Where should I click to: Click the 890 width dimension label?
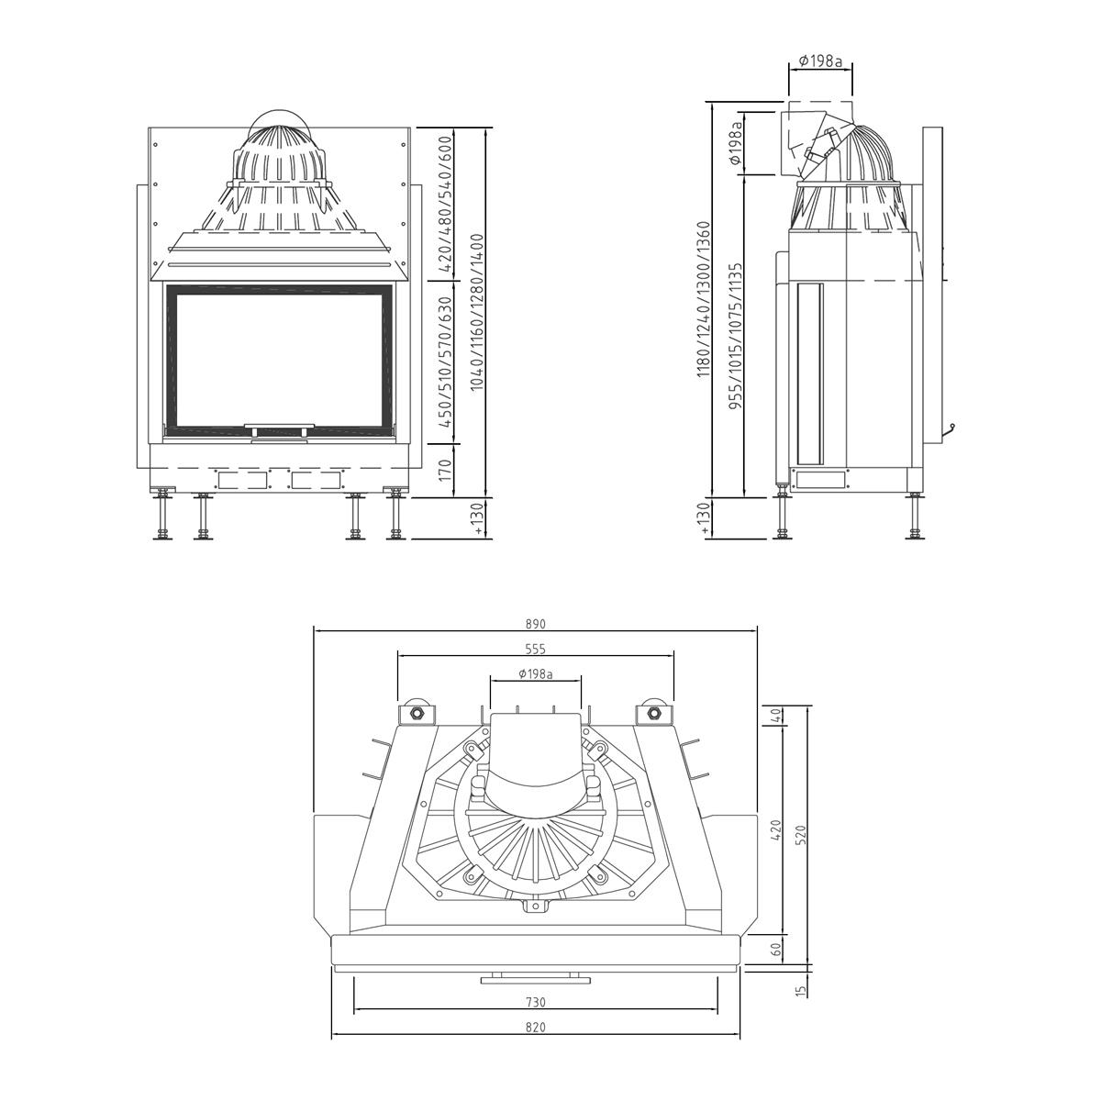[x=535, y=625]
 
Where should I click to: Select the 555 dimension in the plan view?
[x=535, y=649]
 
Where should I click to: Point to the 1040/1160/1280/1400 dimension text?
[x=478, y=312]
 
